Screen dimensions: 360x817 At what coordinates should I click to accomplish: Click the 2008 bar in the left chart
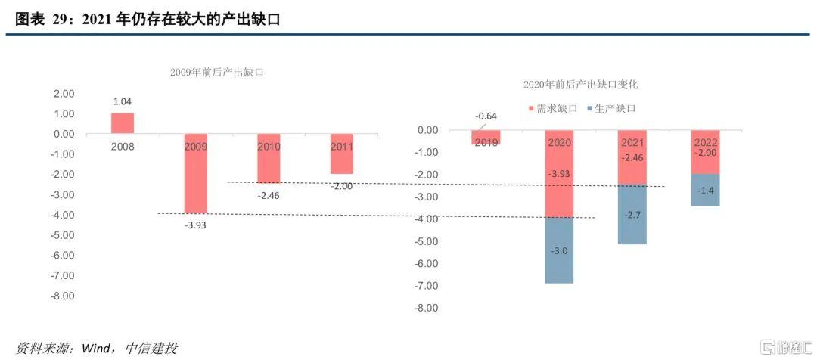[123, 123]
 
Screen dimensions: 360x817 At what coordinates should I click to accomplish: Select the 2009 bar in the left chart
[195, 174]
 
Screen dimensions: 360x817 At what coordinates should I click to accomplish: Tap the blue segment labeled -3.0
[560, 250]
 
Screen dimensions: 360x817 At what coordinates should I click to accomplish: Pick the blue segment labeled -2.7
[632, 215]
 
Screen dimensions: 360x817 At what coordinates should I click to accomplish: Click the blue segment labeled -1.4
[705, 190]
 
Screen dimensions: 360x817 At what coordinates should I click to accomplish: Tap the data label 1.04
[123, 101]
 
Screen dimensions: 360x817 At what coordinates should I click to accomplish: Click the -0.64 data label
[486, 116]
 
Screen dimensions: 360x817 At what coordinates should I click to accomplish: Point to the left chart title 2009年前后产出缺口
[216, 72]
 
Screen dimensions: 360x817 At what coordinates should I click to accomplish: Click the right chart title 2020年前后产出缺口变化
[581, 85]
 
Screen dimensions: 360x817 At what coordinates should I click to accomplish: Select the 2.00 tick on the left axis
[64, 94]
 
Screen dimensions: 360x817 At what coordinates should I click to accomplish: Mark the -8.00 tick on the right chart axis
[427, 308]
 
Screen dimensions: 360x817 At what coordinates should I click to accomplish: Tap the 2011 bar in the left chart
[341, 154]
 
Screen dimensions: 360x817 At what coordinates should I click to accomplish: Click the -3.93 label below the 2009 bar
[195, 225]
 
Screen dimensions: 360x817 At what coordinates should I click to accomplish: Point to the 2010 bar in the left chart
[269, 159]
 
